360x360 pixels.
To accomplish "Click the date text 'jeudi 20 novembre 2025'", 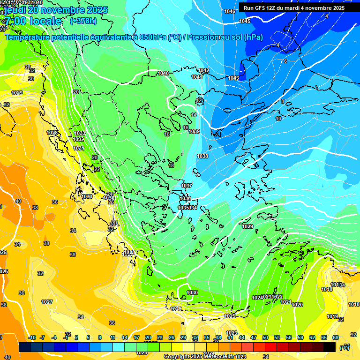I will [56, 10].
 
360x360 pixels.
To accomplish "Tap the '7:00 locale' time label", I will [33, 21].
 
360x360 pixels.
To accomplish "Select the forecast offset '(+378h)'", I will [83, 21].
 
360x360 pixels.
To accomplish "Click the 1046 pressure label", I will [230, 11].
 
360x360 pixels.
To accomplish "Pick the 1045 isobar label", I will [245, 21].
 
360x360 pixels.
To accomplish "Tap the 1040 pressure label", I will [163, 73].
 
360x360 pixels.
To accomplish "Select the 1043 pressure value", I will [233, 78].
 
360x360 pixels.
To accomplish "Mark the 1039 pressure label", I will [194, 131].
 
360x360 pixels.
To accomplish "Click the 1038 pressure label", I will [202, 156].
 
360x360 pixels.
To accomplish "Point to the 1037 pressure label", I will [187, 186].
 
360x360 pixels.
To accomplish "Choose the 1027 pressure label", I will [47, 302].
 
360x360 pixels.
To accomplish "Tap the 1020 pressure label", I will [297, 305].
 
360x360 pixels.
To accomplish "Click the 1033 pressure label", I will [80, 133].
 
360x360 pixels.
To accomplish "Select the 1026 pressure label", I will [176, 309].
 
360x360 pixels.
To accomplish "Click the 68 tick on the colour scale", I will [336, 337].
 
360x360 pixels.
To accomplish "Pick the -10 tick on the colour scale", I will [32, 337].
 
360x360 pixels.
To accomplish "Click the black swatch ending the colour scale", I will [330, 347].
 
